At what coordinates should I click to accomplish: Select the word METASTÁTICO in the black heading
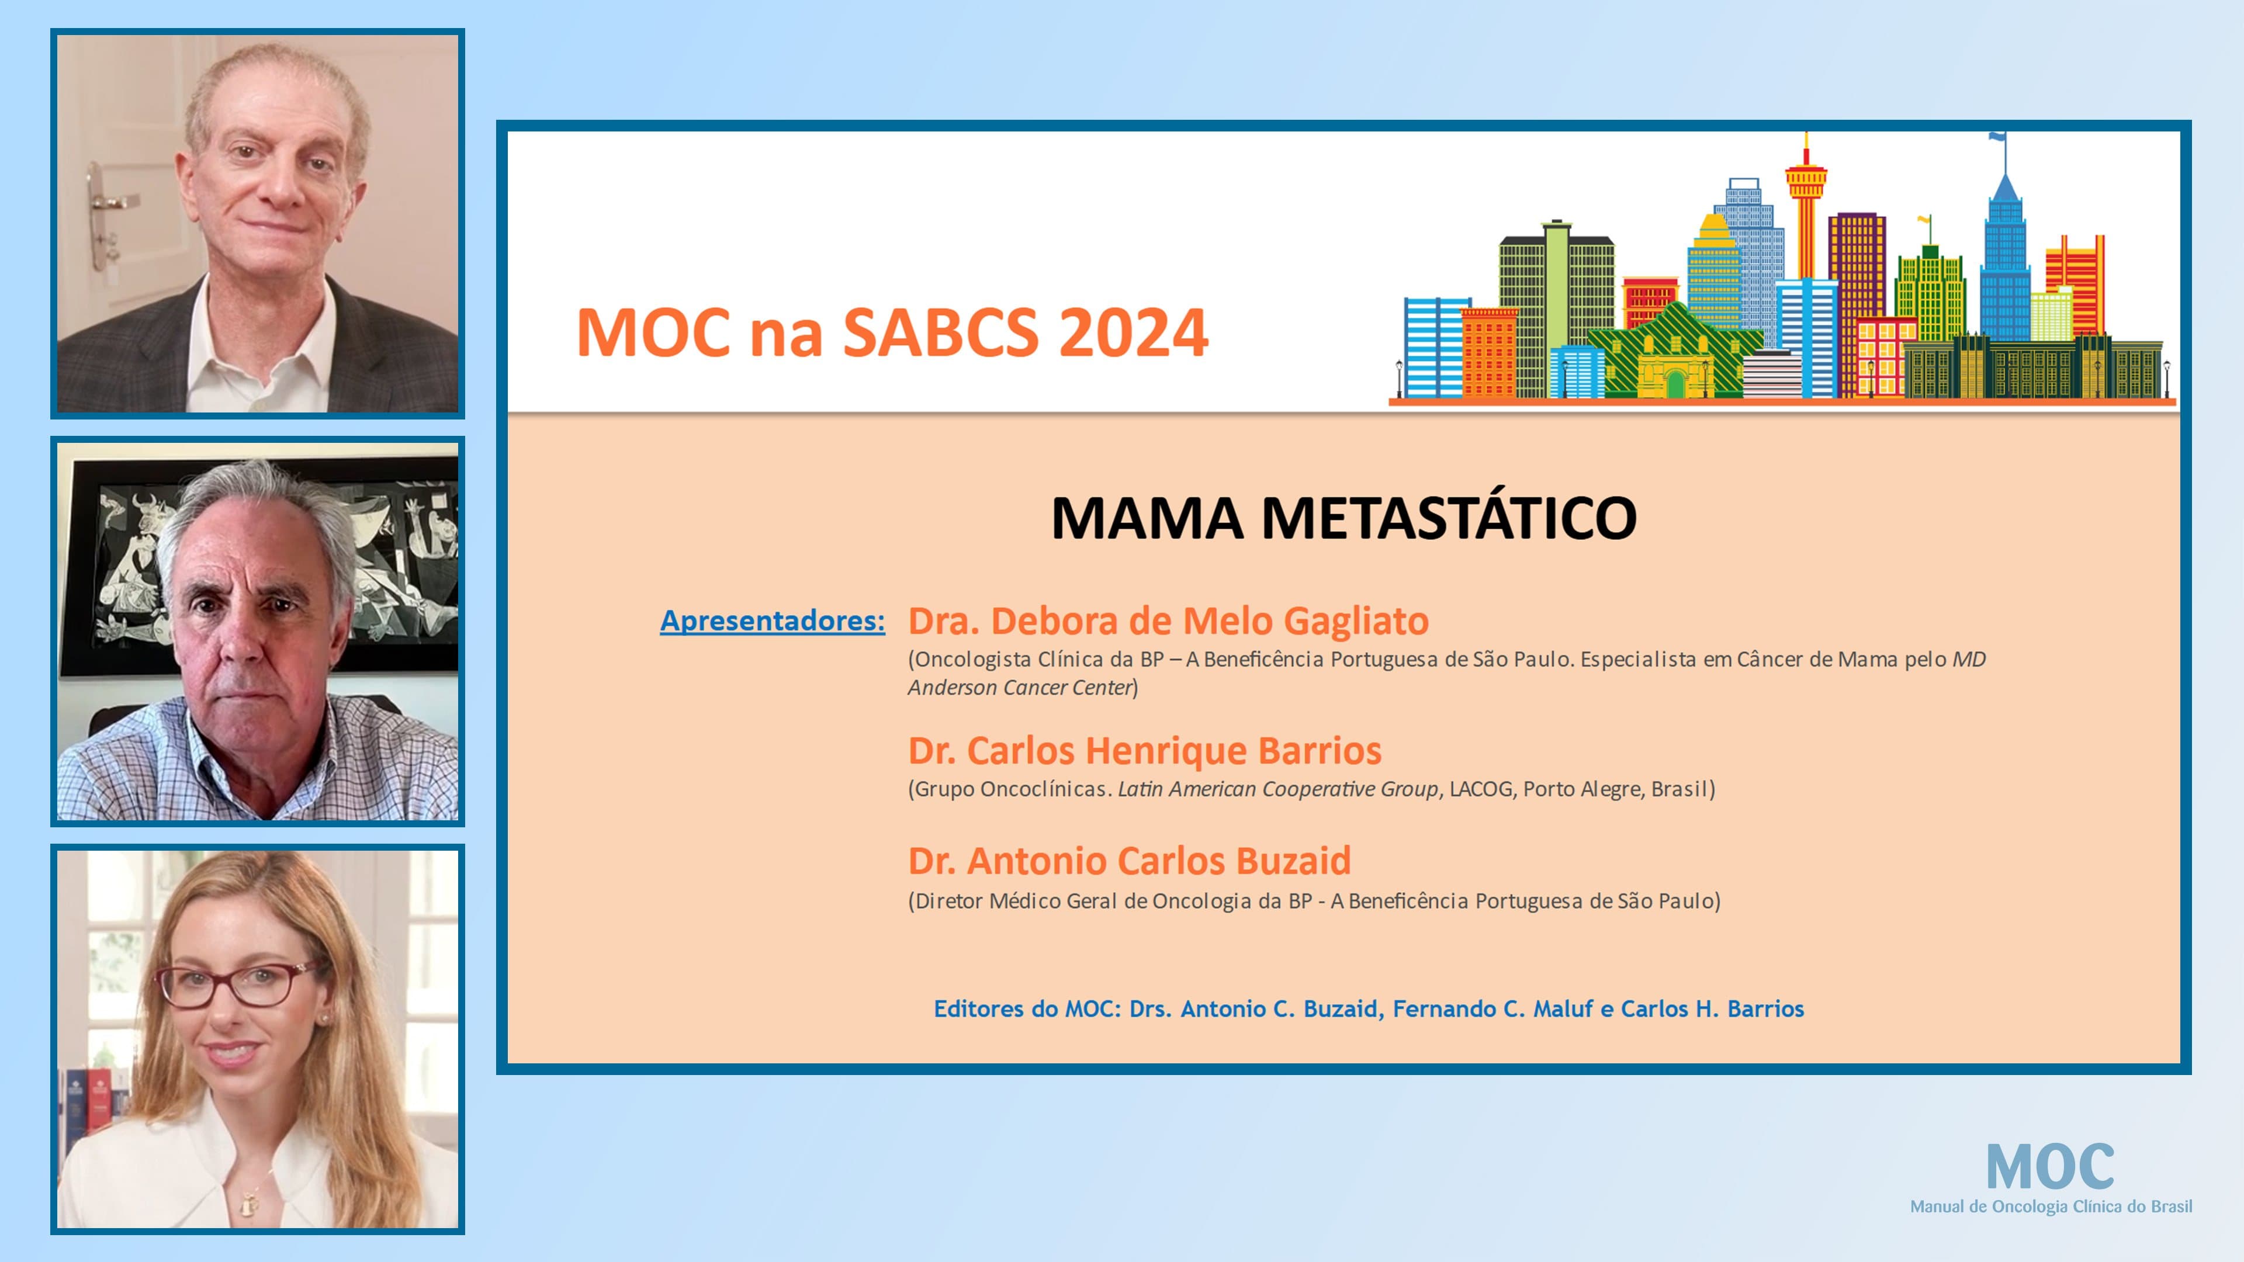[1449, 518]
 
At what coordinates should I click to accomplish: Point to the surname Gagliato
[1356, 621]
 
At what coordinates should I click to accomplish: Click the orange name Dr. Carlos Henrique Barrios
[1144, 751]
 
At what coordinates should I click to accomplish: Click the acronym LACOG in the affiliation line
[1481, 789]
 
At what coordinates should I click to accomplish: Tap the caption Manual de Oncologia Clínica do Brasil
[2051, 1207]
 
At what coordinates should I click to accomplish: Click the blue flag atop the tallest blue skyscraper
[1997, 137]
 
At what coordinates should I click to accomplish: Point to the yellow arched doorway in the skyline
[1674, 383]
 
